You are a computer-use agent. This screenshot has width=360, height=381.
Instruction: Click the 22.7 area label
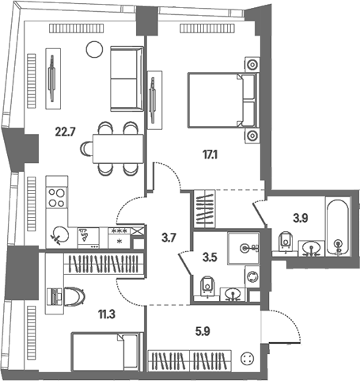[66, 131]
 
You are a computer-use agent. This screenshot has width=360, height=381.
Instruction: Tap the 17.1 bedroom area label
[210, 155]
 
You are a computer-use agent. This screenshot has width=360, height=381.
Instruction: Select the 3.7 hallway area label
[169, 238]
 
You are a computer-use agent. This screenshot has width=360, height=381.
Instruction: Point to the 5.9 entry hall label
[203, 331]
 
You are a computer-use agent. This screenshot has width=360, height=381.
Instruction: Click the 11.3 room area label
[107, 314]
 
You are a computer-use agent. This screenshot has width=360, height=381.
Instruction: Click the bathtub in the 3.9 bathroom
[337, 226]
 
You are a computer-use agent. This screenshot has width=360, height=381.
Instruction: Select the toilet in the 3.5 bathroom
[207, 286]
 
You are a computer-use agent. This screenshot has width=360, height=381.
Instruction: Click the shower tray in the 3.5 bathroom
[244, 248]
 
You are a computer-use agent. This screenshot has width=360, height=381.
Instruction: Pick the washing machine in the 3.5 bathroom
[252, 277]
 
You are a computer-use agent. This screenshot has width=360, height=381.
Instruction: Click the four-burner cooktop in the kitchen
[56, 198]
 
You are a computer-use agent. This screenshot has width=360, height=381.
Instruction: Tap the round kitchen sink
[60, 234]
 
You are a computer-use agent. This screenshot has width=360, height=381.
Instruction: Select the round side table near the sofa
[94, 49]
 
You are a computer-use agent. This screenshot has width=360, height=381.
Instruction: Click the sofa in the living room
[127, 78]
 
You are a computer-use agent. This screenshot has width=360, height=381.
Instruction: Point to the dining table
[118, 149]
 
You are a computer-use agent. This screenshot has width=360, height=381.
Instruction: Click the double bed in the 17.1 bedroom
[222, 101]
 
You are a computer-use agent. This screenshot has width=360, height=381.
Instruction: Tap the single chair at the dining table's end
[86, 149]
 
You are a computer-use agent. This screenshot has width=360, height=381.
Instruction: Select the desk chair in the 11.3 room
[74, 296]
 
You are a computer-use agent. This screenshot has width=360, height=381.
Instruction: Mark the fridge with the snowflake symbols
[119, 238]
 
